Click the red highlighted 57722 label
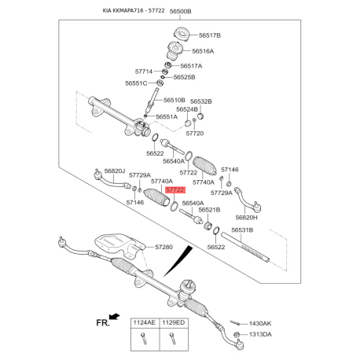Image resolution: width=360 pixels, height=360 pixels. click(x=175, y=189)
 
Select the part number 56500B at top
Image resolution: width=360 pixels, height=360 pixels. click(x=180, y=11)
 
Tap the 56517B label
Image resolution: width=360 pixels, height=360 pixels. click(x=210, y=35)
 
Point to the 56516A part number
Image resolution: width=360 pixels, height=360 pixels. click(x=203, y=51)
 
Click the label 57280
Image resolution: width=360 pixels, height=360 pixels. click(x=163, y=247)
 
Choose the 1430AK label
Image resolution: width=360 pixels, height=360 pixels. click(x=260, y=324)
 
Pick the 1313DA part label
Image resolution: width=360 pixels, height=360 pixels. click(x=260, y=334)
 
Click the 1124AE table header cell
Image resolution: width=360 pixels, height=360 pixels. click(x=145, y=323)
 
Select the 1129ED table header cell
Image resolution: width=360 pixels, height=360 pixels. click(x=174, y=323)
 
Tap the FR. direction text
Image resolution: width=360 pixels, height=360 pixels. click(x=103, y=323)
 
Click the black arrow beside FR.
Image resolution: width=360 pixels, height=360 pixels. click(x=115, y=317)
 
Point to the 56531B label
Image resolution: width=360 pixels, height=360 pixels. click(x=242, y=230)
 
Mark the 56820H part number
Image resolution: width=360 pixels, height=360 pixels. click(x=247, y=218)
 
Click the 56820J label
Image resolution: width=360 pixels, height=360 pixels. click(x=115, y=171)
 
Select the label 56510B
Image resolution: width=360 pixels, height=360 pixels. click(x=174, y=100)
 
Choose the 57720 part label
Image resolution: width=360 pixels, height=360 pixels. click(x=195, y=134)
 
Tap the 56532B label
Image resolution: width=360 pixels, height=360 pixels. click(x=201, y=101)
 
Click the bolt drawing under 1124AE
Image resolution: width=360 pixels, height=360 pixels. click(x=144, y=338)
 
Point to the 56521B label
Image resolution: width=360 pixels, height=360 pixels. click(x=209, y=210)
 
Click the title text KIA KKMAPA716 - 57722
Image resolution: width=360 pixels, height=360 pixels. click(x=134, y=10)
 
